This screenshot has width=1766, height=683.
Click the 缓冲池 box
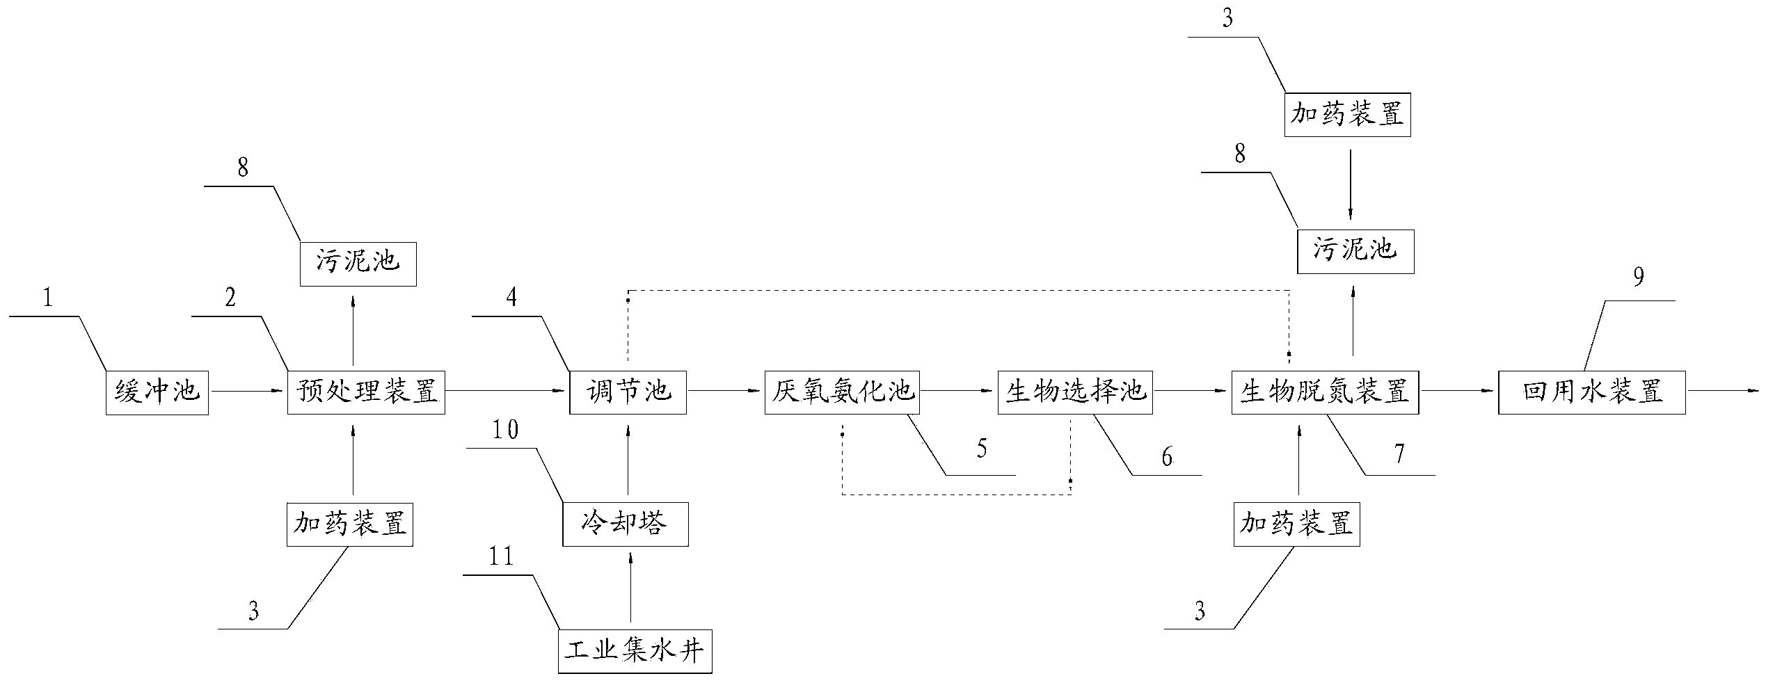coord(157,393)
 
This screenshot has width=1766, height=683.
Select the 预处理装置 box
coord(366,393)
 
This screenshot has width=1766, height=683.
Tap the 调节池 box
coord(628,393)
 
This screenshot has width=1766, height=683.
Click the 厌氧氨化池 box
coord(841,393)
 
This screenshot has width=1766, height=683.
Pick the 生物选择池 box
coord(1075,393)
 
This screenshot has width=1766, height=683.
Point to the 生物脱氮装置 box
coord(1325,393)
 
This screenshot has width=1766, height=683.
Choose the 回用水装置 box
coord(1591,393)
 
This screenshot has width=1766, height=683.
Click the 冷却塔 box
coord(625,524)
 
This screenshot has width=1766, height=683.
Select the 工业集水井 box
coord(635,652)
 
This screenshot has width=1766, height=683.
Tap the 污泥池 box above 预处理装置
coord(358,264)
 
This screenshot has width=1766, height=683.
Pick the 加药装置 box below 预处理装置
coord(349,524)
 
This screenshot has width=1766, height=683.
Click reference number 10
coord(504,431)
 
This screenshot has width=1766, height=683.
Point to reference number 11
coord(500,557)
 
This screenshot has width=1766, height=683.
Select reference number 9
coord(1639,278)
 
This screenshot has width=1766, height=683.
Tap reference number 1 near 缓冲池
coord(47,298)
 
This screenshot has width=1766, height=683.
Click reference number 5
coord(981,449)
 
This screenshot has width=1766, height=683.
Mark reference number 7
coord(1399,454)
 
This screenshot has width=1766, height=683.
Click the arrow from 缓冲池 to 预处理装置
coord(248,392)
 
